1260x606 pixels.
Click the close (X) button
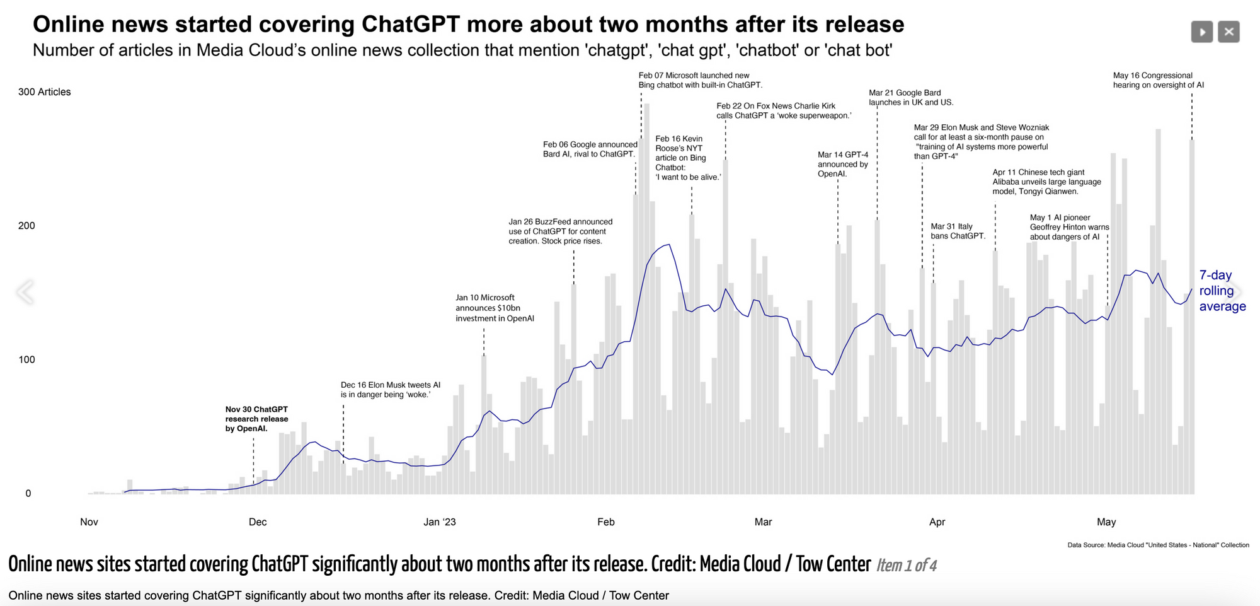pyautogui.click(x=1228, y=32)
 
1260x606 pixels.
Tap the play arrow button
pyautogui.click(x=1201, y=32)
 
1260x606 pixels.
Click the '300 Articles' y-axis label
pyautogui.click(x=44, y=92)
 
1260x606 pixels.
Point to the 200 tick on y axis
pyautogui.click(x=26, y=226)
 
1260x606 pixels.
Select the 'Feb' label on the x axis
pyautogui.click(x=605, y=522)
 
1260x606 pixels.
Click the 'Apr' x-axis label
pyautogui.click(x=937, y=522)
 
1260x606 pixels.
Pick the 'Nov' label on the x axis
pyautogui.click(x=89, y=522)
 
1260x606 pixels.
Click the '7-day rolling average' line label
pyautogui.click(x=1222, y=291)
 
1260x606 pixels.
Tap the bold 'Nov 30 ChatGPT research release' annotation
pyautogui.click(x=256, y=419)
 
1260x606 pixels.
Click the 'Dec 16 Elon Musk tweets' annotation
pyautogui.click(x=390, y=390)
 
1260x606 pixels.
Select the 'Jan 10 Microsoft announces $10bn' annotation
pyautogui.click(x=495, y=308)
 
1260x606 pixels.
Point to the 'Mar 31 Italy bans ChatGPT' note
pyautogui.click(x=957, y=231)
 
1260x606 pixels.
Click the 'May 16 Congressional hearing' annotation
pyautogui.click(x=1157, y=80)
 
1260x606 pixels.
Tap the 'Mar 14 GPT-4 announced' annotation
pyautogui.click(x=842, y=164)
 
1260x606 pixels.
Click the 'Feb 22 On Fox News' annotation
pyautogui.click(x=783, y=110)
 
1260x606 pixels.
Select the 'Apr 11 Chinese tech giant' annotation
pyautogui.click(x=1046, y=182)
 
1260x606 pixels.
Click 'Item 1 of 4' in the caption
pyautogui.click(x=906, y=566)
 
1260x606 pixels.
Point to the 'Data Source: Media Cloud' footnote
pyautogui.click(x=1157, y=545)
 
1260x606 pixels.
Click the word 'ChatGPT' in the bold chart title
pyautogui.click(x=411, y=24)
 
